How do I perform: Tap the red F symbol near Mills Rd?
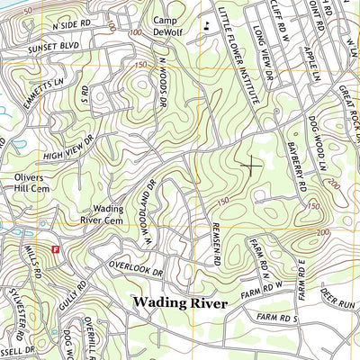tap(56, 249)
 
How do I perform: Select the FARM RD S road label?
tap(281, 318)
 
